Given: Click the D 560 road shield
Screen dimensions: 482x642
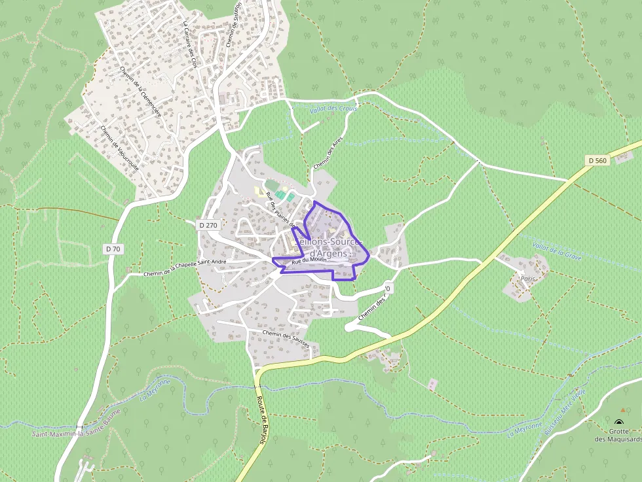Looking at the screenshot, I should pos(597,160).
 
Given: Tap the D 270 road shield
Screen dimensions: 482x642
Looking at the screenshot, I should pos(208,225).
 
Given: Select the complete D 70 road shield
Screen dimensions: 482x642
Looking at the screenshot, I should pos(113,249).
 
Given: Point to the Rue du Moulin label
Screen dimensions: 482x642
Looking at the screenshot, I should pos(309,260).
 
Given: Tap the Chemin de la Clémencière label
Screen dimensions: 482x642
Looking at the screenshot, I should pos(141,91).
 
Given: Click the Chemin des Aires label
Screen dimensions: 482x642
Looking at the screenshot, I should pos(328,154).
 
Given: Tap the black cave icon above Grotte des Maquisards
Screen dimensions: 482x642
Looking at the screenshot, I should pos(620,422).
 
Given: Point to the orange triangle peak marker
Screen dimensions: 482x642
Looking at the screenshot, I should pos(622,410).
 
